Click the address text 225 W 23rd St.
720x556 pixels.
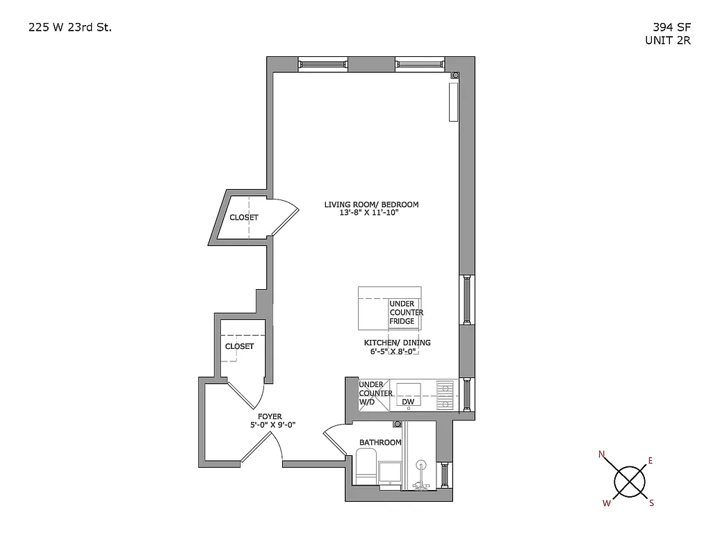pos(69,28)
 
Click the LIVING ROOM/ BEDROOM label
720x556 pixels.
pos(371,204)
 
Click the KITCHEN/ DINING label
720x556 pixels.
pos(397,343)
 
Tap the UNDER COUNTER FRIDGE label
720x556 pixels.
pos(406,313)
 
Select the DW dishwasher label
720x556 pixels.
pos(408,402)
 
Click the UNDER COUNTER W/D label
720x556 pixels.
pos(375,393)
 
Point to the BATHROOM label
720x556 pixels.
pos(380,443)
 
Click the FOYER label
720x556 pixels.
pos(270,417)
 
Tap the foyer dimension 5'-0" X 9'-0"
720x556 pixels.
pos(272,425)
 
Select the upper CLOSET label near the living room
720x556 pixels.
pos(244,218)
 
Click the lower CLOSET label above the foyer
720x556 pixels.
pos(239,346)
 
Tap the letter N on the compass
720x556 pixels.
pos(602,455)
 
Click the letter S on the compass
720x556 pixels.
pos(651,503)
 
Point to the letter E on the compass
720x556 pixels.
pos(651,460)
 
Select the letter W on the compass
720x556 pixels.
pos(607,503)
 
